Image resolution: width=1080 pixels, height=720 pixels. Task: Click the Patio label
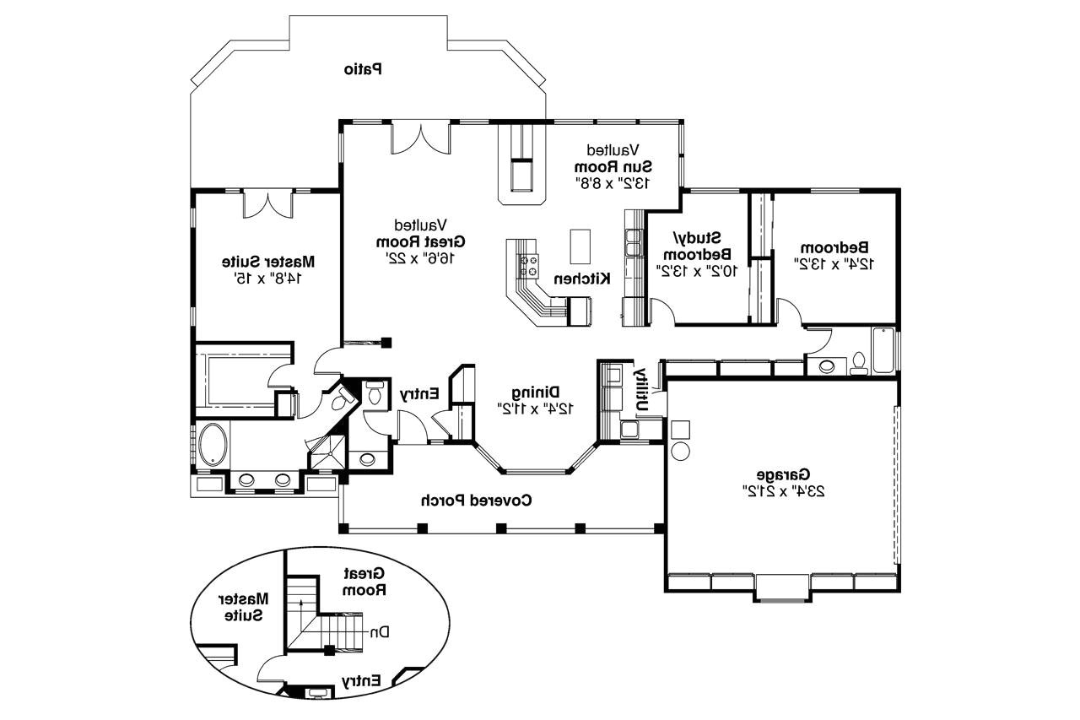click(x=363, y=68)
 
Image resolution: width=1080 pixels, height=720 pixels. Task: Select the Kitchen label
click(x=582, y=279)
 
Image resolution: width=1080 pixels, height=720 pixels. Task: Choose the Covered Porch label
click(x=477, y=500)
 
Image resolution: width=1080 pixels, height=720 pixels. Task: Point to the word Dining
click(x=536, y=392)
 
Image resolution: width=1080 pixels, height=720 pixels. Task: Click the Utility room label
click(x=641, y=388)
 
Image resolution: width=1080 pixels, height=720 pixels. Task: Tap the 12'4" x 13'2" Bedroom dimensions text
click(x=833, y=263)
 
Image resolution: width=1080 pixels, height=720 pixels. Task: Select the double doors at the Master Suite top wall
click(x=267, y=205)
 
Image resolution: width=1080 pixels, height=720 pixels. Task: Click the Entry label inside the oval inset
click(x=361, y=679)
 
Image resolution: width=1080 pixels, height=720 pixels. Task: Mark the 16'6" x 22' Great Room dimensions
click(x=419, y=257)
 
